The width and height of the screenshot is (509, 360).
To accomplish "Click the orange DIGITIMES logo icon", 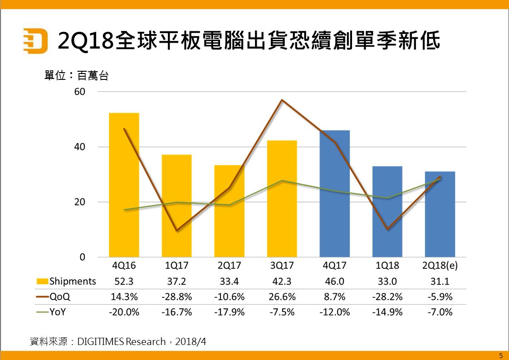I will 35,41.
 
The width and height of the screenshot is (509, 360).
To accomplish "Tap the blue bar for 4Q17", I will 334,193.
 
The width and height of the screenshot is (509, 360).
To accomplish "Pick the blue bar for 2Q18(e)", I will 440,214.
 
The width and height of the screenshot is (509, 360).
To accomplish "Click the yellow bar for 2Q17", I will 229,211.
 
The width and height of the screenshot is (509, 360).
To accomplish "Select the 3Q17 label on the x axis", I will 282,266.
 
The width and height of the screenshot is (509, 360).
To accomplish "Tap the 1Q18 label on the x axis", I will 387,266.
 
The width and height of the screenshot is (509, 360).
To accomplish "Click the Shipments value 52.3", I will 124,281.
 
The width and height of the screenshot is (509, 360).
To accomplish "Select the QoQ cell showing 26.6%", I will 282,297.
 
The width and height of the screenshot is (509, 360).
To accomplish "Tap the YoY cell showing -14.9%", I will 387,312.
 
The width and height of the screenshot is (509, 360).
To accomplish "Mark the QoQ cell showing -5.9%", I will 440,297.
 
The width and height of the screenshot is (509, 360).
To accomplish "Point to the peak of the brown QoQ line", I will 282,100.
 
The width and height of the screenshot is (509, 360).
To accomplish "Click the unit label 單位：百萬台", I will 76,76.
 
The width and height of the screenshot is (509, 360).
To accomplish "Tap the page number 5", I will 500,355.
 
